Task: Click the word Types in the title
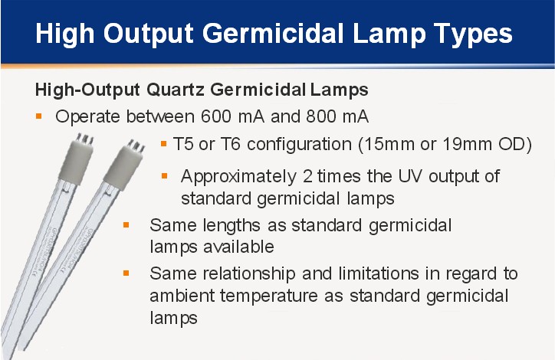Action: (x=473, y=34)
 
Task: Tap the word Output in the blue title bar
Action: (x=149, y=34)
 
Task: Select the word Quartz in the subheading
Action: (x=176, y=90)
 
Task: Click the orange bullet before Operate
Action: (x=39, y=116)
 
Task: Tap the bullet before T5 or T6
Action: (x=163, y=143)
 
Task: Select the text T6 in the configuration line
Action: (x=231, y=144)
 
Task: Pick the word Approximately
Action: (x=238, y=177)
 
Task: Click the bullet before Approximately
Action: (x=164, y=175)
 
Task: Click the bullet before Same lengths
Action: (x=126, y=225)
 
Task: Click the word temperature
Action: (x=268, y=296)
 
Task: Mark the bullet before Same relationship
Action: (x=126, y=273)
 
